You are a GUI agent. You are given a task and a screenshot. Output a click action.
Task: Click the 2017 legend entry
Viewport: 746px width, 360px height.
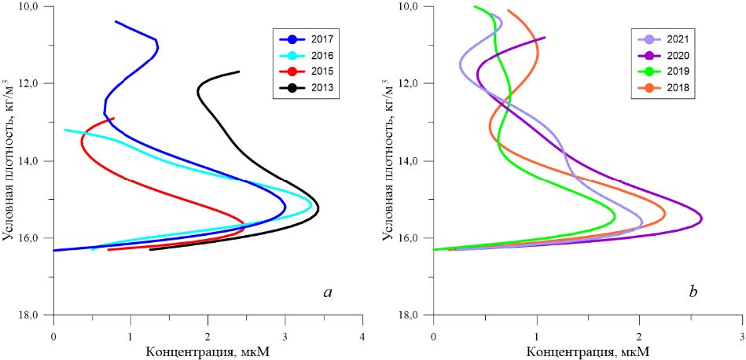(x=307, y=39)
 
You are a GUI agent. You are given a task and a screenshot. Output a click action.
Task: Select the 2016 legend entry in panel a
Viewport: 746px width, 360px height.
(x=307, y=56)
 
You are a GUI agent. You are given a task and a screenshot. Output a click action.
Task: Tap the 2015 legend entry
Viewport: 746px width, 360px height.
(x=307, y=72)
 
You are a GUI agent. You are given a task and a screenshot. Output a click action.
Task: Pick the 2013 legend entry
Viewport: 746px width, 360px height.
(x=307, y=89)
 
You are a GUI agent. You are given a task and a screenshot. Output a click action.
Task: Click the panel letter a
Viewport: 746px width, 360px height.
(x=328, y=293)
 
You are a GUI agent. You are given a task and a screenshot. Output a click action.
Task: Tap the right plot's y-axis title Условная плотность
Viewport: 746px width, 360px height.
(x=391, y=160)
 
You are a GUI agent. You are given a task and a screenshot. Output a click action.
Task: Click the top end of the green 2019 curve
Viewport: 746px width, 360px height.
(x=475, y=7)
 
